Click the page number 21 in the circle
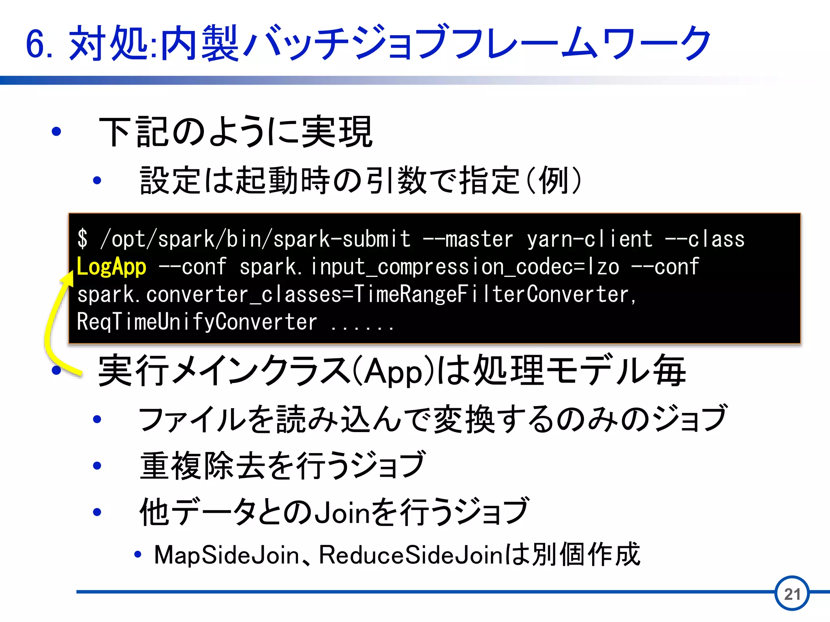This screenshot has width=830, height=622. (792, 594)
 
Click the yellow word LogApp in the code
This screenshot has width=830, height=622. (111, 267)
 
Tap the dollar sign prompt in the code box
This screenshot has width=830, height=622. (82, 239)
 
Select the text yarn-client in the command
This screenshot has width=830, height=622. (590, 239)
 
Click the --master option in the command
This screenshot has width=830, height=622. (468, 239)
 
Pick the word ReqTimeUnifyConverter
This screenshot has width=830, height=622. (197, 322)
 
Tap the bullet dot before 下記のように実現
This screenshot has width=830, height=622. (56, 132)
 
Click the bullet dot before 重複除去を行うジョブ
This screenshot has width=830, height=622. (97, 466)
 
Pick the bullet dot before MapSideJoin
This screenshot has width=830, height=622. (138, 554)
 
